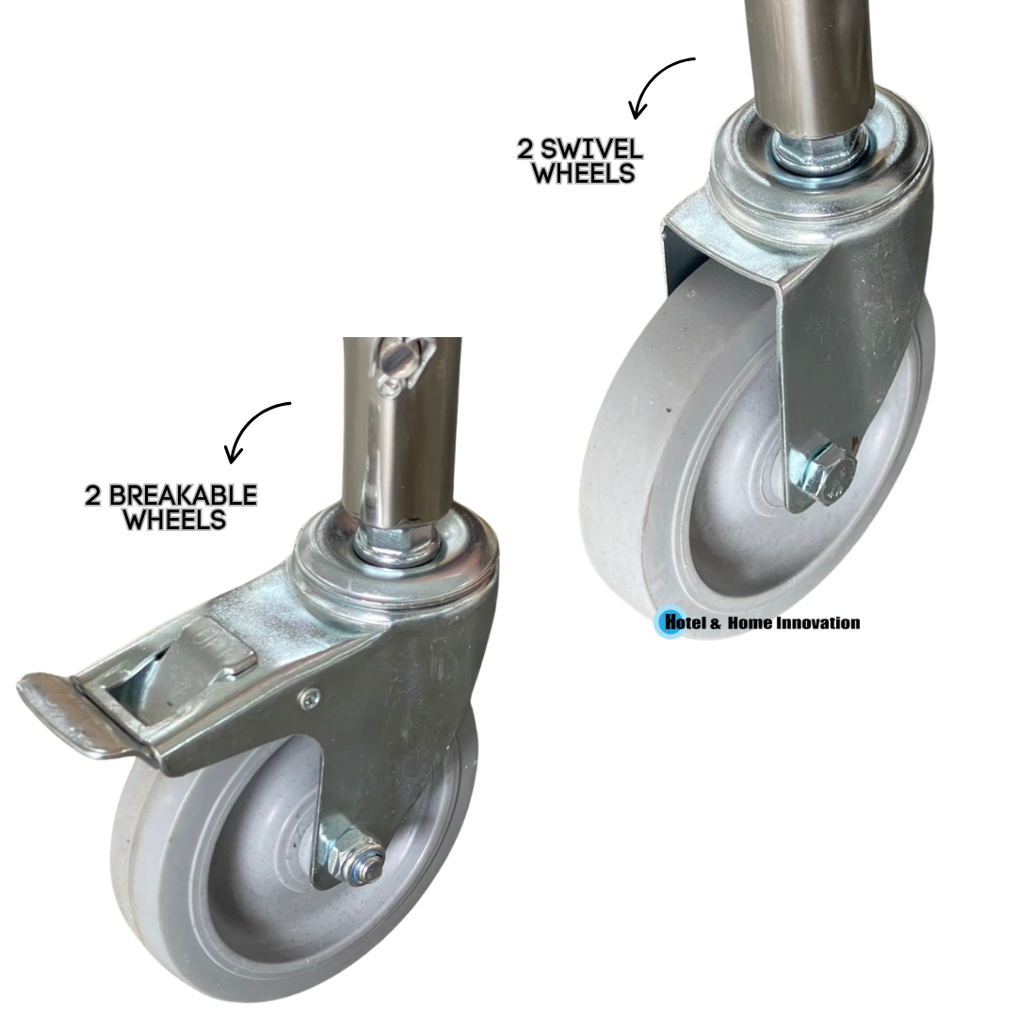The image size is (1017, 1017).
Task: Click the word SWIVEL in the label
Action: click(x=590, y=149)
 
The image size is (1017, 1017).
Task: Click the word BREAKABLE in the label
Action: click(x=183, y=495)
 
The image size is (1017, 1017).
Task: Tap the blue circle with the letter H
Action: click(x=670, y=622)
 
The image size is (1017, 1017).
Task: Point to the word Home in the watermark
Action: click(x=750, y=623)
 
